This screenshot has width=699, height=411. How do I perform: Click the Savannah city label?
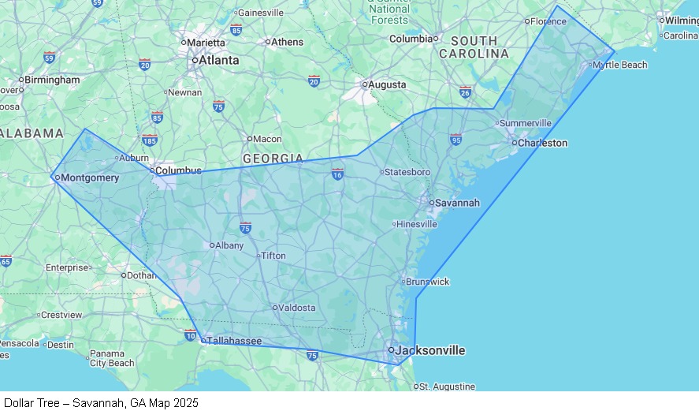tap(457, 203)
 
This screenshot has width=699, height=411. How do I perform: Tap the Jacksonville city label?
tap(429, 350)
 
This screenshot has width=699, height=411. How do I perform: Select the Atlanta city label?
tap(218, 60)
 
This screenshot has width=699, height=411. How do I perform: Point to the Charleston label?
tap(541, 143)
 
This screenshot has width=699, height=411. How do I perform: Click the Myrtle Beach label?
tap(619, 65)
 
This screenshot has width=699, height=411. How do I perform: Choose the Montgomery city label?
tap(90, 177)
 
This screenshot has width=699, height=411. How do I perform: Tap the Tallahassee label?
tap(234, 341)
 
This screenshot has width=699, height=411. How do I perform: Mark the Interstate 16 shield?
tap(337, 174)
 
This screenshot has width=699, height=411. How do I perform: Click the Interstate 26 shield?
tap(465, 92)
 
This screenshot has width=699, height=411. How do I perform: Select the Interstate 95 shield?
tap(455, 139)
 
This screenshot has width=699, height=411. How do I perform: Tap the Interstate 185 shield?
tap(150, 140)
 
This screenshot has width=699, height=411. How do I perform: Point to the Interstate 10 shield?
tap(190, 335)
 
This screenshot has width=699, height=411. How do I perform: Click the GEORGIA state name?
tap(273, 159)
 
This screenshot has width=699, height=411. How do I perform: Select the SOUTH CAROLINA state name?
tap(474, 47)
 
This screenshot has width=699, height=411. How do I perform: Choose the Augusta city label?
tap(388, 84)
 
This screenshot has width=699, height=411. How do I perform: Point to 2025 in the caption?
tap(186, 403)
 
